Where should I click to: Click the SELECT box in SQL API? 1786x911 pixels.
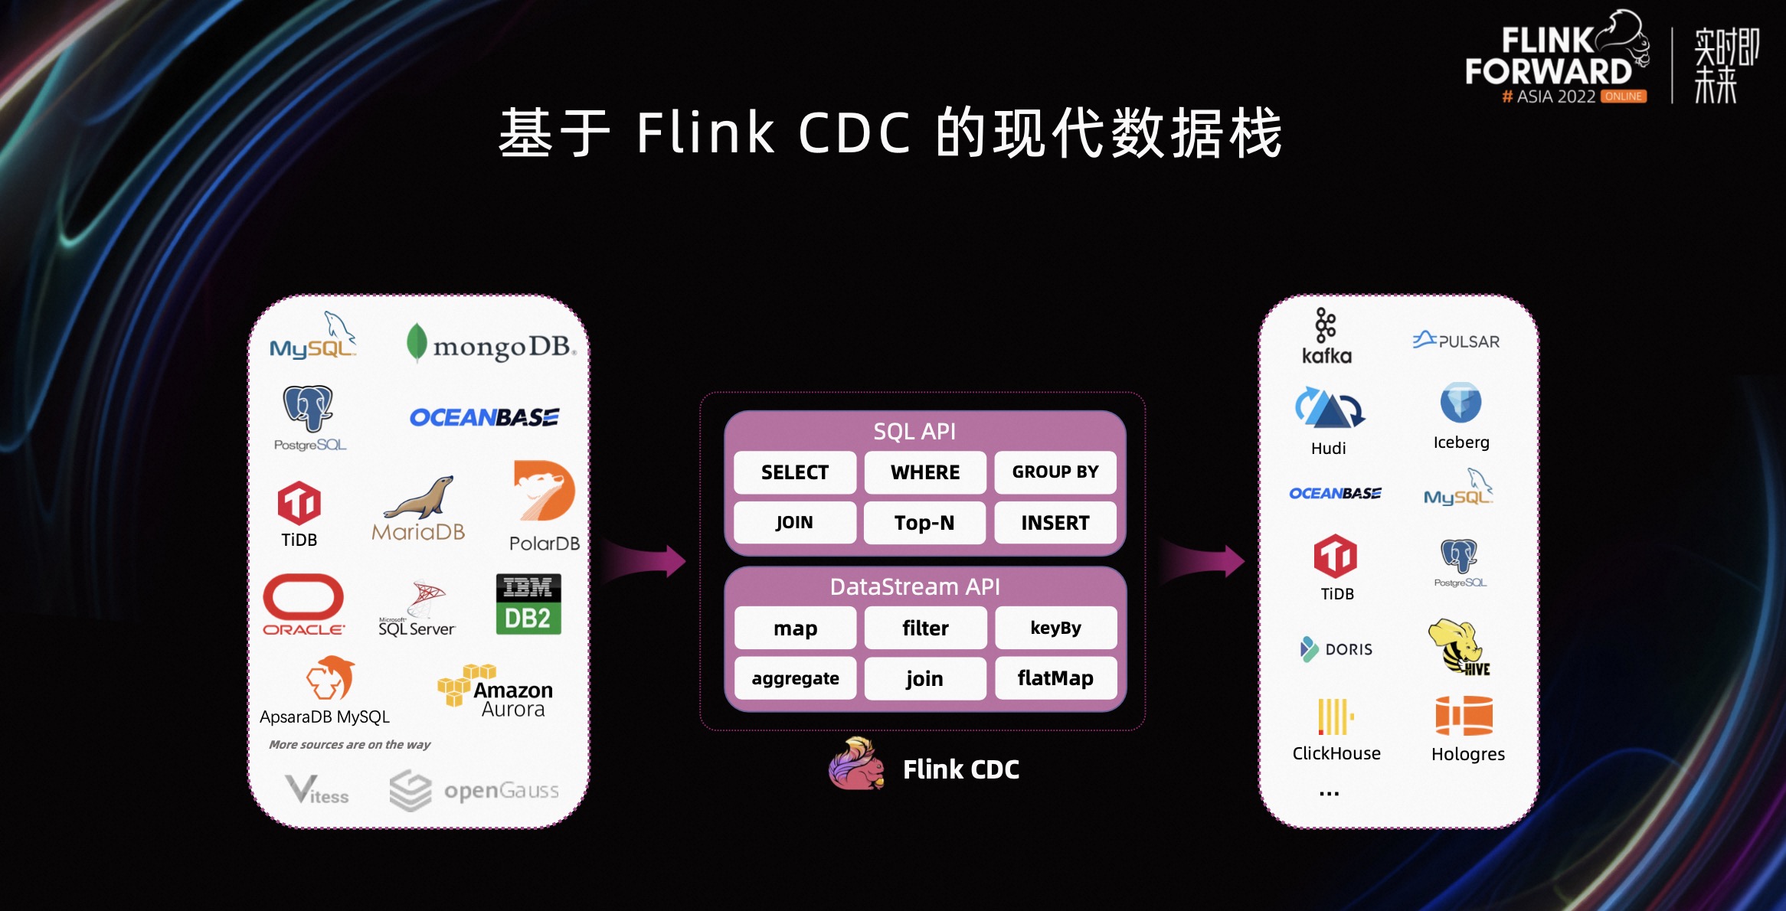(795, 472)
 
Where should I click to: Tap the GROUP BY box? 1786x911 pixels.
(1055, 472)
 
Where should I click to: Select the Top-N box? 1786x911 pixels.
(924, 523)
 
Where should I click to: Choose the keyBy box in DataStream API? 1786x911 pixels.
(1055, 628)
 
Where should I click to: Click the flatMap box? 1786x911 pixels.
(1055, 678)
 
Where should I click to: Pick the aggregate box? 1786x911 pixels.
(795, 678)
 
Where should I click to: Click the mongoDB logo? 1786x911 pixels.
(491, 344)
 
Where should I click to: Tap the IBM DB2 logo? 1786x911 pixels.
(528, 603)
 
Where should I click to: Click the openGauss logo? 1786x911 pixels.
(474, 790)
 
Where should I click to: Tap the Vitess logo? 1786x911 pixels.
(316, 790)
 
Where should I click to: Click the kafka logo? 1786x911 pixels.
(1326, 336)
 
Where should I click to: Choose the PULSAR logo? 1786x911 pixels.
(1456, 341)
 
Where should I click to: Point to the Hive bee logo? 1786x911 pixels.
(1458, 647)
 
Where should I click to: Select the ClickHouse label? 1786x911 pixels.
(1336, 753)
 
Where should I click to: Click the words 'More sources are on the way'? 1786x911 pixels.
(349, 744)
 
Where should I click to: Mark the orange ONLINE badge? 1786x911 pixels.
(1624, 96)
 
